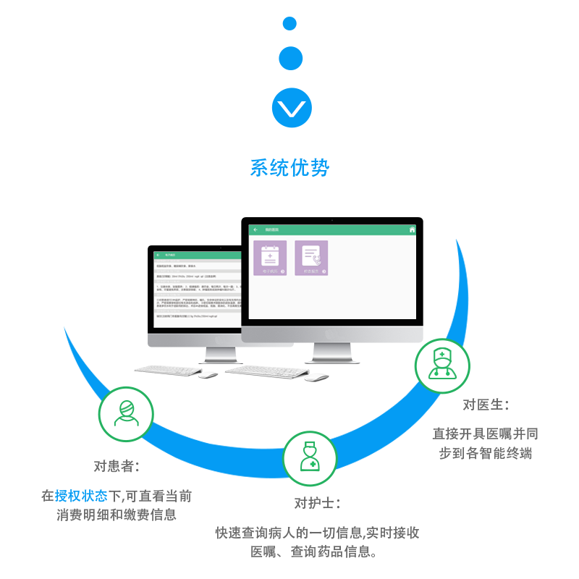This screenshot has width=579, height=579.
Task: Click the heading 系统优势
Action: point(289,168)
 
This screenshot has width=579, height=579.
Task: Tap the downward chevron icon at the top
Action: point(292,109)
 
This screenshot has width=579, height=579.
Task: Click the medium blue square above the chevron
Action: point(291,59)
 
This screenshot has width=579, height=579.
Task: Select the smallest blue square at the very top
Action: point(289,24)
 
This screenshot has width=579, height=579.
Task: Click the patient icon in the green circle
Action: point(126,414)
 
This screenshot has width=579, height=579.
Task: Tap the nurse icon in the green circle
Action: point(310,458)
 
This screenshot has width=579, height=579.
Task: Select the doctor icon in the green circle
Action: point(442,365)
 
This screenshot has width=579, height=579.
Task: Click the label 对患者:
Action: point(117,466)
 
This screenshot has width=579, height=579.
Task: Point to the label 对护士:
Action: point(317,503)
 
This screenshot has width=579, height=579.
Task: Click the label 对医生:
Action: point(486,405)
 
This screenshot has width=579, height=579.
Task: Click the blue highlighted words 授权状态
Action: point(81,496)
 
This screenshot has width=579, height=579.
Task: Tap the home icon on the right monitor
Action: point(413,230)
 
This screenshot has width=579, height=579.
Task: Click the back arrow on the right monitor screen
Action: point(255,230)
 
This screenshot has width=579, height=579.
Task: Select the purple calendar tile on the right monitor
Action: point(270,258)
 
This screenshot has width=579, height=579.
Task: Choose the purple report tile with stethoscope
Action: point(311,258)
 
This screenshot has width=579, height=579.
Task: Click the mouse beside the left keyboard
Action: point(208,374)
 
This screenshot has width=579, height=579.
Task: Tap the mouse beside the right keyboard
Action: point(316,376)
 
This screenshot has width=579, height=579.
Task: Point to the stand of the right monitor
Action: point(332,352)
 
